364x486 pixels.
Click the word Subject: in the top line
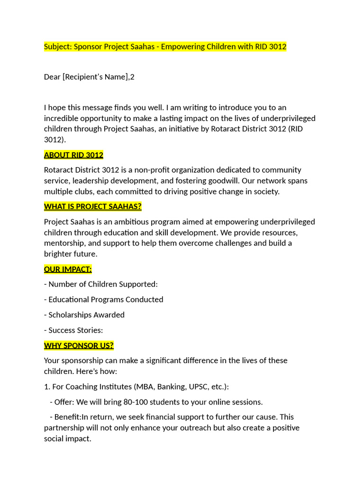(58, 47)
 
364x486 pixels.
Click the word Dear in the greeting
(52, 76)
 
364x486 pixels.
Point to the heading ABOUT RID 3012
(73, 155)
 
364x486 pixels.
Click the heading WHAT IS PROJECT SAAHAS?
(93, 206)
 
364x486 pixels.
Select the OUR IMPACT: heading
(68, 269)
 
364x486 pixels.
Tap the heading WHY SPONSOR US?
(79, 345)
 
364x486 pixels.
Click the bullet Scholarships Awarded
(86, 315)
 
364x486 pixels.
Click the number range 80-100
(136, 402)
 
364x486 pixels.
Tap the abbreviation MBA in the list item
(145, 387)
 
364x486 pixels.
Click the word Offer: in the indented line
(64, 402)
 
